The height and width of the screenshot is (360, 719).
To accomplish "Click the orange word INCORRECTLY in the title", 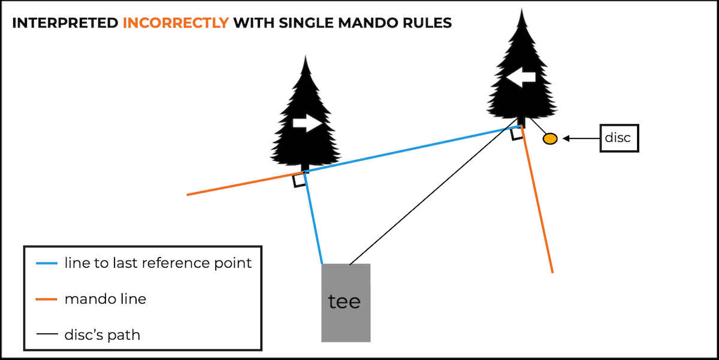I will pyautogui.click(x=176, y=23).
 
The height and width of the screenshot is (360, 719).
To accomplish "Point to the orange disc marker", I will pyautogui.click(x=550, y=139).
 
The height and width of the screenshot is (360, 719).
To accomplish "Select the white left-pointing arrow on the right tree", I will pyautogui.click(x=521, y=77).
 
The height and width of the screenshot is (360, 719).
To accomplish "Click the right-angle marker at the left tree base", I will pyautogui.click(x=298, y=181).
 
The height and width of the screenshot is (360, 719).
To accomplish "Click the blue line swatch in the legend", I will pyautogui.click(x=47, y=264).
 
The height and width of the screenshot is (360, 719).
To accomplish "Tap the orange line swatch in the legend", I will pyautogui.click(x=47, y=299).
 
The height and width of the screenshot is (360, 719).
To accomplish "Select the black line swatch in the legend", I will pyautogui.click(x=47, y=334).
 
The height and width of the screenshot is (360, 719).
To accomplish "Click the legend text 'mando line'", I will pyautogui.click(x=105, y=299).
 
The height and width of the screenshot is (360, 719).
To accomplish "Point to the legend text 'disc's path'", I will pyautogui.click(x=102, y=334).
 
